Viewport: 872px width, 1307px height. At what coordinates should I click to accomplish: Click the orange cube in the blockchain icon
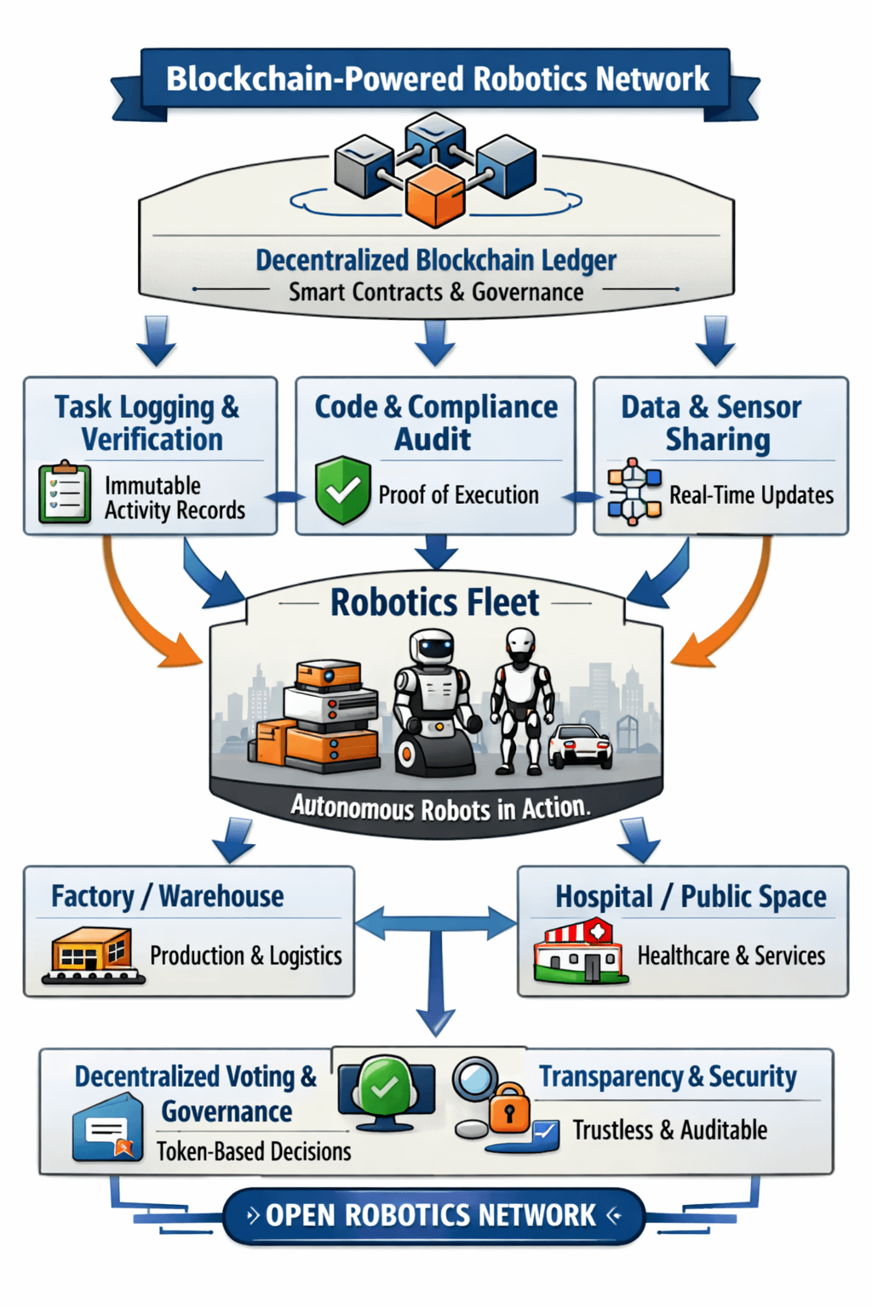(435, 196)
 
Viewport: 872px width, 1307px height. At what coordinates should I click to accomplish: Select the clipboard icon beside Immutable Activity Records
(65, 493)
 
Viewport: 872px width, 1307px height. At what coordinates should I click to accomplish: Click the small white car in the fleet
(581, 745)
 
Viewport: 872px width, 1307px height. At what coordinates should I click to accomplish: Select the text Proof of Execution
(458, 494)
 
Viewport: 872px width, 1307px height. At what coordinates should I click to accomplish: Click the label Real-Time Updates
(751, 494)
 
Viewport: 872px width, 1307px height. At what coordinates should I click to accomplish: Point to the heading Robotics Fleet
(434, 602)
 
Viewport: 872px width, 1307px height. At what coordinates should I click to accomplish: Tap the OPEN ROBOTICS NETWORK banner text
(431, 1215)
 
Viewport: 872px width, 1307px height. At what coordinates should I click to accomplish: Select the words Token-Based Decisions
(254, 1151)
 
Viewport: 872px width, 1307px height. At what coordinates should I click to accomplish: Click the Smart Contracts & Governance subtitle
(436, 292)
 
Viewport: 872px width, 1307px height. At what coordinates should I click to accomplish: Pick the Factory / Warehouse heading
(168, 896)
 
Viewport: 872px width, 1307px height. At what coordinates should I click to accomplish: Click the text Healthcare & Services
(731, 956)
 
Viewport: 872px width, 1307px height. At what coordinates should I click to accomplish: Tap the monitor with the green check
(386, 1090)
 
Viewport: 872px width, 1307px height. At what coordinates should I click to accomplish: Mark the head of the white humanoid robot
(519, 643)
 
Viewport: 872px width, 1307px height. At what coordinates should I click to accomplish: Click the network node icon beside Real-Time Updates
(634, 492)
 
